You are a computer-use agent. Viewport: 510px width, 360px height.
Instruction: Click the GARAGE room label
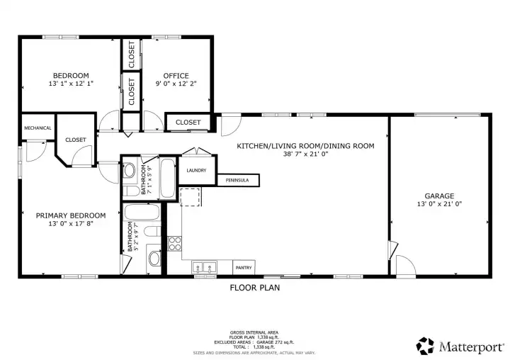tap(439, 196)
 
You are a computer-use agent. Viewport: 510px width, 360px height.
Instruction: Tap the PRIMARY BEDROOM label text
tap(71, 215)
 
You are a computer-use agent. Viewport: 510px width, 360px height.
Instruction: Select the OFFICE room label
tap(176, 76)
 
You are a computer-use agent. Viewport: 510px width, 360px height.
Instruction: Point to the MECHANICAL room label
tap(38, 128)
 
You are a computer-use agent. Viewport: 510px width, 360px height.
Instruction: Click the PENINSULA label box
tap(237, 181)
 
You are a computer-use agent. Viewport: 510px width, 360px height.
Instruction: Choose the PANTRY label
tap(244, 268)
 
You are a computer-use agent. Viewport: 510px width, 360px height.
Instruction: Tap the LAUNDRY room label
tap(196, 171)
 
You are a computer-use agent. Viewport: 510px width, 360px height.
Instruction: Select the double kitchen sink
tap(205, 268)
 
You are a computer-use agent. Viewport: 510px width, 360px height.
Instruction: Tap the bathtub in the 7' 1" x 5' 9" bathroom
tap(167, 179)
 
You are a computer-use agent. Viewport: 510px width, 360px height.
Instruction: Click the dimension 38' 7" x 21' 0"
tap(305, 154)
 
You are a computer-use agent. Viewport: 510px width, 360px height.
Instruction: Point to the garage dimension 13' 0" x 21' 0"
tap(439, 204)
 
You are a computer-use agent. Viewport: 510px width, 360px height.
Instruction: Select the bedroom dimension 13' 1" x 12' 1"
tap(71, 84)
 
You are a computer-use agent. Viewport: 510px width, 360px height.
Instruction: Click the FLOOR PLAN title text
tap(255, 288)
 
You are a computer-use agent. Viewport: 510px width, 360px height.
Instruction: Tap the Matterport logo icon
tap(425, 346)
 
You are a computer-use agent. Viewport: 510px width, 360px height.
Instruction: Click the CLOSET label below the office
tap(188, 123)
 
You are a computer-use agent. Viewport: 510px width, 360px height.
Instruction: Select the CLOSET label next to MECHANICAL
tap(76, 140)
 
